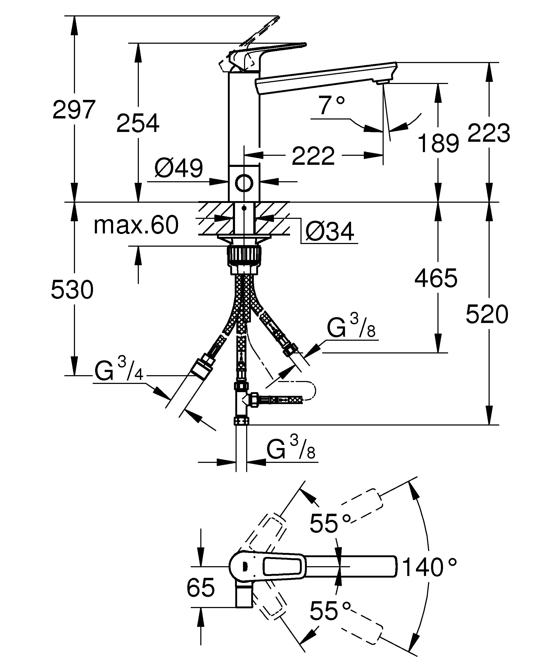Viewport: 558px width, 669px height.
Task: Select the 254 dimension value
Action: pos(138,123)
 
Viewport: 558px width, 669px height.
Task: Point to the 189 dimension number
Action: pos(438,143)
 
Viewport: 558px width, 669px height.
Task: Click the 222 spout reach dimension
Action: pos(313,156)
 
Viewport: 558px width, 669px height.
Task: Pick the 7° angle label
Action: pos(331,105)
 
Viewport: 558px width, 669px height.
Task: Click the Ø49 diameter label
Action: pos(179,168)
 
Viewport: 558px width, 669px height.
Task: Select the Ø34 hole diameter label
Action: pos(330,232)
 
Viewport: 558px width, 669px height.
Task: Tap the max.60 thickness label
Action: pos(136,225)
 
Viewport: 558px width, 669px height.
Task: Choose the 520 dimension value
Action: pos(487,314)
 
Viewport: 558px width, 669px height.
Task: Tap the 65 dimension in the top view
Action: pos(201,587)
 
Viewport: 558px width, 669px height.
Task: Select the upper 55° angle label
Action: pos(330,524)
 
